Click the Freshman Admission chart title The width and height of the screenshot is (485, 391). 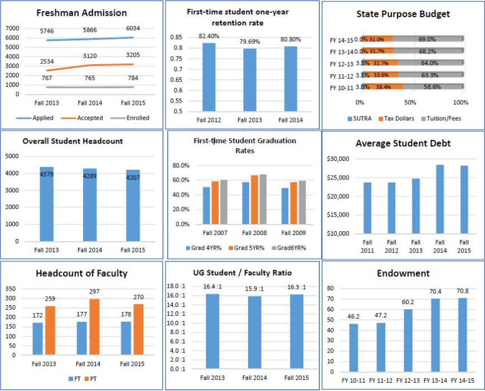coord(82,13)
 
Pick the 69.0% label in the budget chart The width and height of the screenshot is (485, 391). coord(426,39)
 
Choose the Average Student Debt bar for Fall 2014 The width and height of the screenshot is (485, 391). coord(440,199)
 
